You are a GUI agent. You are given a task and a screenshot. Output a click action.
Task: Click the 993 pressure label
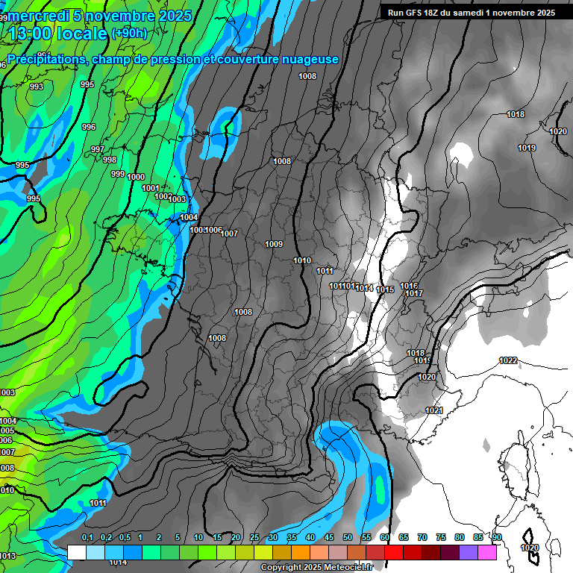(x=36, y=87)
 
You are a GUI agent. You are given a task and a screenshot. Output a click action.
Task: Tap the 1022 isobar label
(x=508, y=360)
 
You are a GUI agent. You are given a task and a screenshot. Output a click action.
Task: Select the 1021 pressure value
(x=433, y=410)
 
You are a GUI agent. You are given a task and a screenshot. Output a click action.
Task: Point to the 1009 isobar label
(x=274, y=244)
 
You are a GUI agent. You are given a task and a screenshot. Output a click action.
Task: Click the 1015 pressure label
(x=385, y=289)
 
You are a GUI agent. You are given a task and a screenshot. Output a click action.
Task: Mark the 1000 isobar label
(x=136, y=177)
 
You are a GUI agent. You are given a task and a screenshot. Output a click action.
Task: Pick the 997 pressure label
(x=98, y=149)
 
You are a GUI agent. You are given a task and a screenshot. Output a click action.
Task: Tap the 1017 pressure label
(x=414, y=293)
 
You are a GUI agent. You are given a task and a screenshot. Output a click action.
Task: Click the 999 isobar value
(x=118, y=174)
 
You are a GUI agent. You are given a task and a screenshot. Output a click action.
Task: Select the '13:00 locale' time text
(x=57, y=34)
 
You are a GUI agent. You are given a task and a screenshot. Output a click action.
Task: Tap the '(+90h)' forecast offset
(x=129, y=34)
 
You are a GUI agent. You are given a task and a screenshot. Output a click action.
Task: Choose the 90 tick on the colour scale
(x=496, y=537)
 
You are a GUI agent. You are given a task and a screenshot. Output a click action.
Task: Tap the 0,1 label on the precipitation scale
(x=87, y=537)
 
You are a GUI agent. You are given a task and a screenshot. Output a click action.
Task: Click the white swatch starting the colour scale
(x=76, y=553)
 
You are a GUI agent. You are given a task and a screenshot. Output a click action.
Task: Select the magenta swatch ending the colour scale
(x=487, y=553)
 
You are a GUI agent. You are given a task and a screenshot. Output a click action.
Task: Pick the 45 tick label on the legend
(x=329, y=537)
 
